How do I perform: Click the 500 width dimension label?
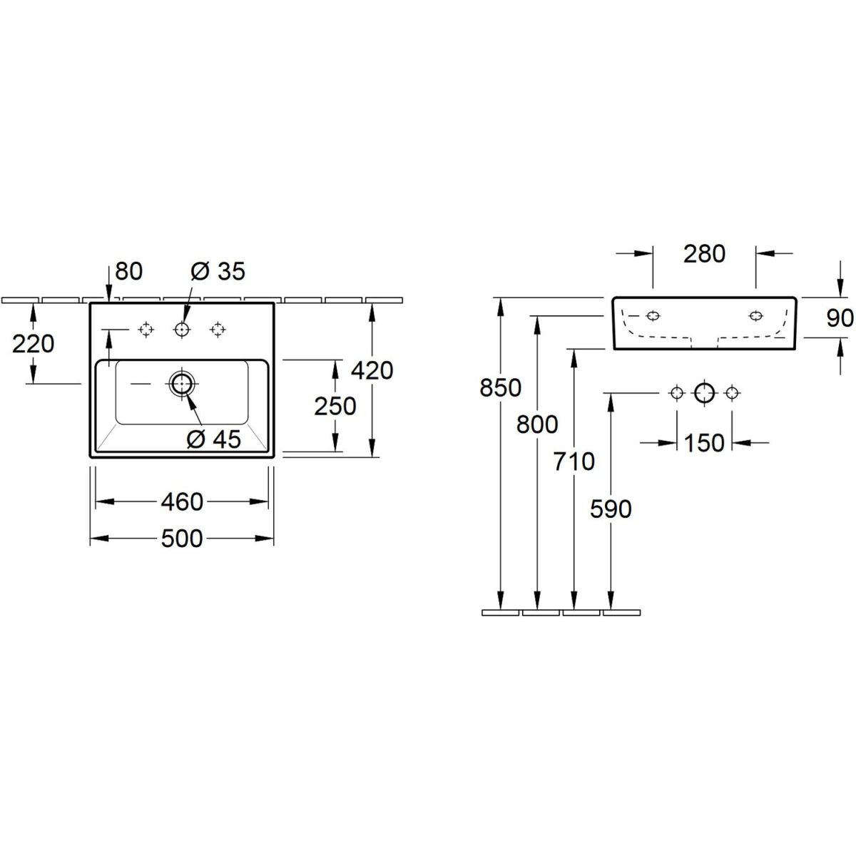[x=182, y=539]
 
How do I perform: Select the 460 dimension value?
[x=182, y=502]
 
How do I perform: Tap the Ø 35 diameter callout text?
[x=218, y=271]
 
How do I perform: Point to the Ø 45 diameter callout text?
[x=214, y=439]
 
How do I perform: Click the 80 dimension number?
[x=129, y=271]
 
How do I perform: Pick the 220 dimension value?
[x=34, y=345]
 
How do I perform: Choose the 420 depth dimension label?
[x=372, y=370]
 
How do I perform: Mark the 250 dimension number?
[x=335, y=406]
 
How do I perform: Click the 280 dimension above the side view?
[x=704, y=254]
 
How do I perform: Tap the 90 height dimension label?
[x=840, y=318]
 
